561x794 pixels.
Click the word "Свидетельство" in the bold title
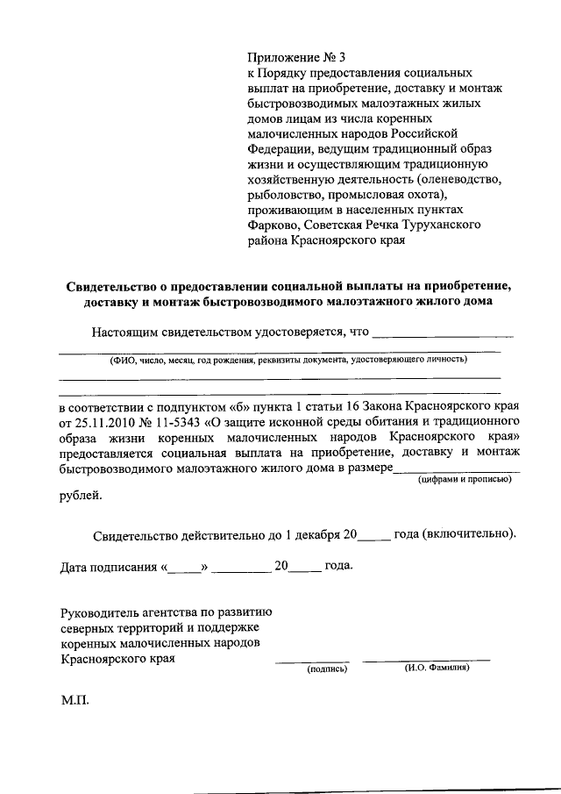pyautogui.click(x=110, y=286)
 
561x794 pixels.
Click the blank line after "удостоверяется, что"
pyautogui.click(x=443, y=334)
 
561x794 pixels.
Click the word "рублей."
pyautogui.click(x=80, y=496)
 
